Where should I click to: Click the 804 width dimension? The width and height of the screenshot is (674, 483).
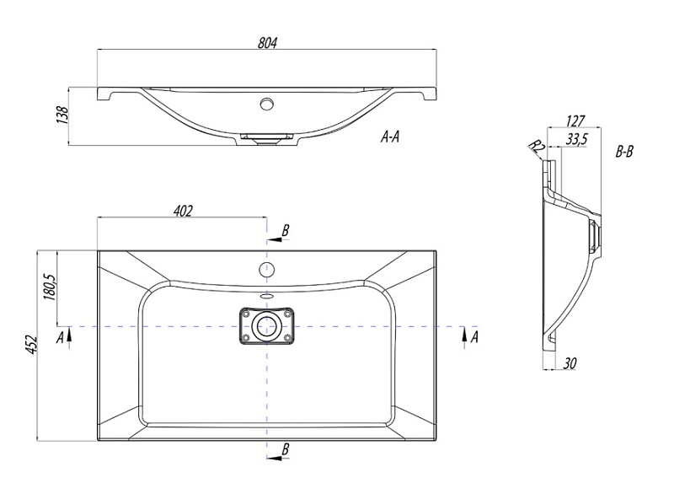267,43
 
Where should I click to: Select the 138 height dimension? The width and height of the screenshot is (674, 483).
62,115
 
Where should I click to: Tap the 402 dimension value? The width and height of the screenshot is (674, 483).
183,211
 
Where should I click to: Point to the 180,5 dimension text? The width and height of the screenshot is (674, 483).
50,287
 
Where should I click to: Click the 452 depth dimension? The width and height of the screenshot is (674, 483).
31,344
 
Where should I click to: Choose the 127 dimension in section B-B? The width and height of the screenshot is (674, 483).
575,121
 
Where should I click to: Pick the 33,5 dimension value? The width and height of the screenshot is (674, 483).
576,139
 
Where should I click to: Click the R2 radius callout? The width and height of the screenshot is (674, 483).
537,146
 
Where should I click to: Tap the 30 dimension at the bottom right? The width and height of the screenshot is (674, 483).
570,363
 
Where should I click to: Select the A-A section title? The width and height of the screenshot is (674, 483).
390,137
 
